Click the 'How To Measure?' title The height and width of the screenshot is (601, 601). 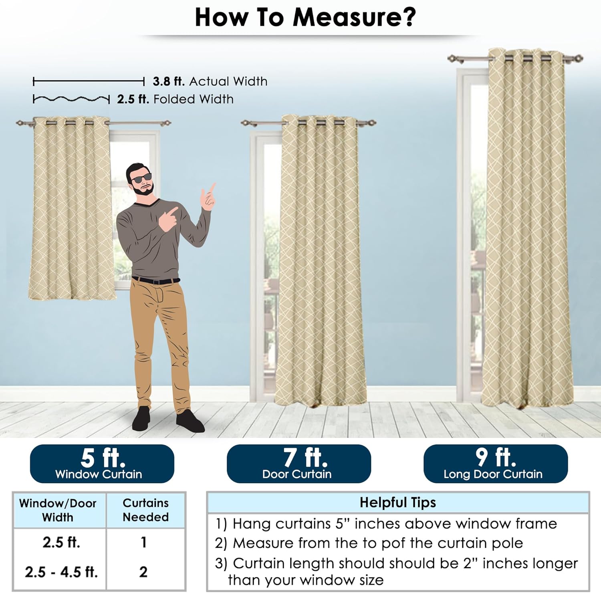(305, 18)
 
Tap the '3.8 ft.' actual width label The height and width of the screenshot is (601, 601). (169, 81)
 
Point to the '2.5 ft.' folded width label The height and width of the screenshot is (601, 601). (133, 99)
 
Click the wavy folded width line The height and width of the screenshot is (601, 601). (71, 99)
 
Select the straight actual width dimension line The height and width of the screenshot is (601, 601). (89, 82)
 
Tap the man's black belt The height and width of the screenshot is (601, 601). (156, 280)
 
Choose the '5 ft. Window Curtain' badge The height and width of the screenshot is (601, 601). (102, 464)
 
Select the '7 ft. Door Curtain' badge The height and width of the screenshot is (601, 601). (299, 464)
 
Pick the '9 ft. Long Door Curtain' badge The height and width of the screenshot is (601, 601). (496, 464)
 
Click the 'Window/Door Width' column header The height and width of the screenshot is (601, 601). (58, 510)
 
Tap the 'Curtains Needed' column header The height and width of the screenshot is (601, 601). (146, 510)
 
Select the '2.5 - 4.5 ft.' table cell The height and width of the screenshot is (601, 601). (61, 572)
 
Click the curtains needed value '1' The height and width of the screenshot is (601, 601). (143, 542)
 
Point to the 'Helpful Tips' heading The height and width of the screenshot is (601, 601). (398, 502)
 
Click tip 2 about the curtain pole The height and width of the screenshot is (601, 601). (369, 543)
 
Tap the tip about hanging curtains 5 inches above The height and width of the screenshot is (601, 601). (386, 524)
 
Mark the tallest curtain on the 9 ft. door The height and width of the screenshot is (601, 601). (527, 228)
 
